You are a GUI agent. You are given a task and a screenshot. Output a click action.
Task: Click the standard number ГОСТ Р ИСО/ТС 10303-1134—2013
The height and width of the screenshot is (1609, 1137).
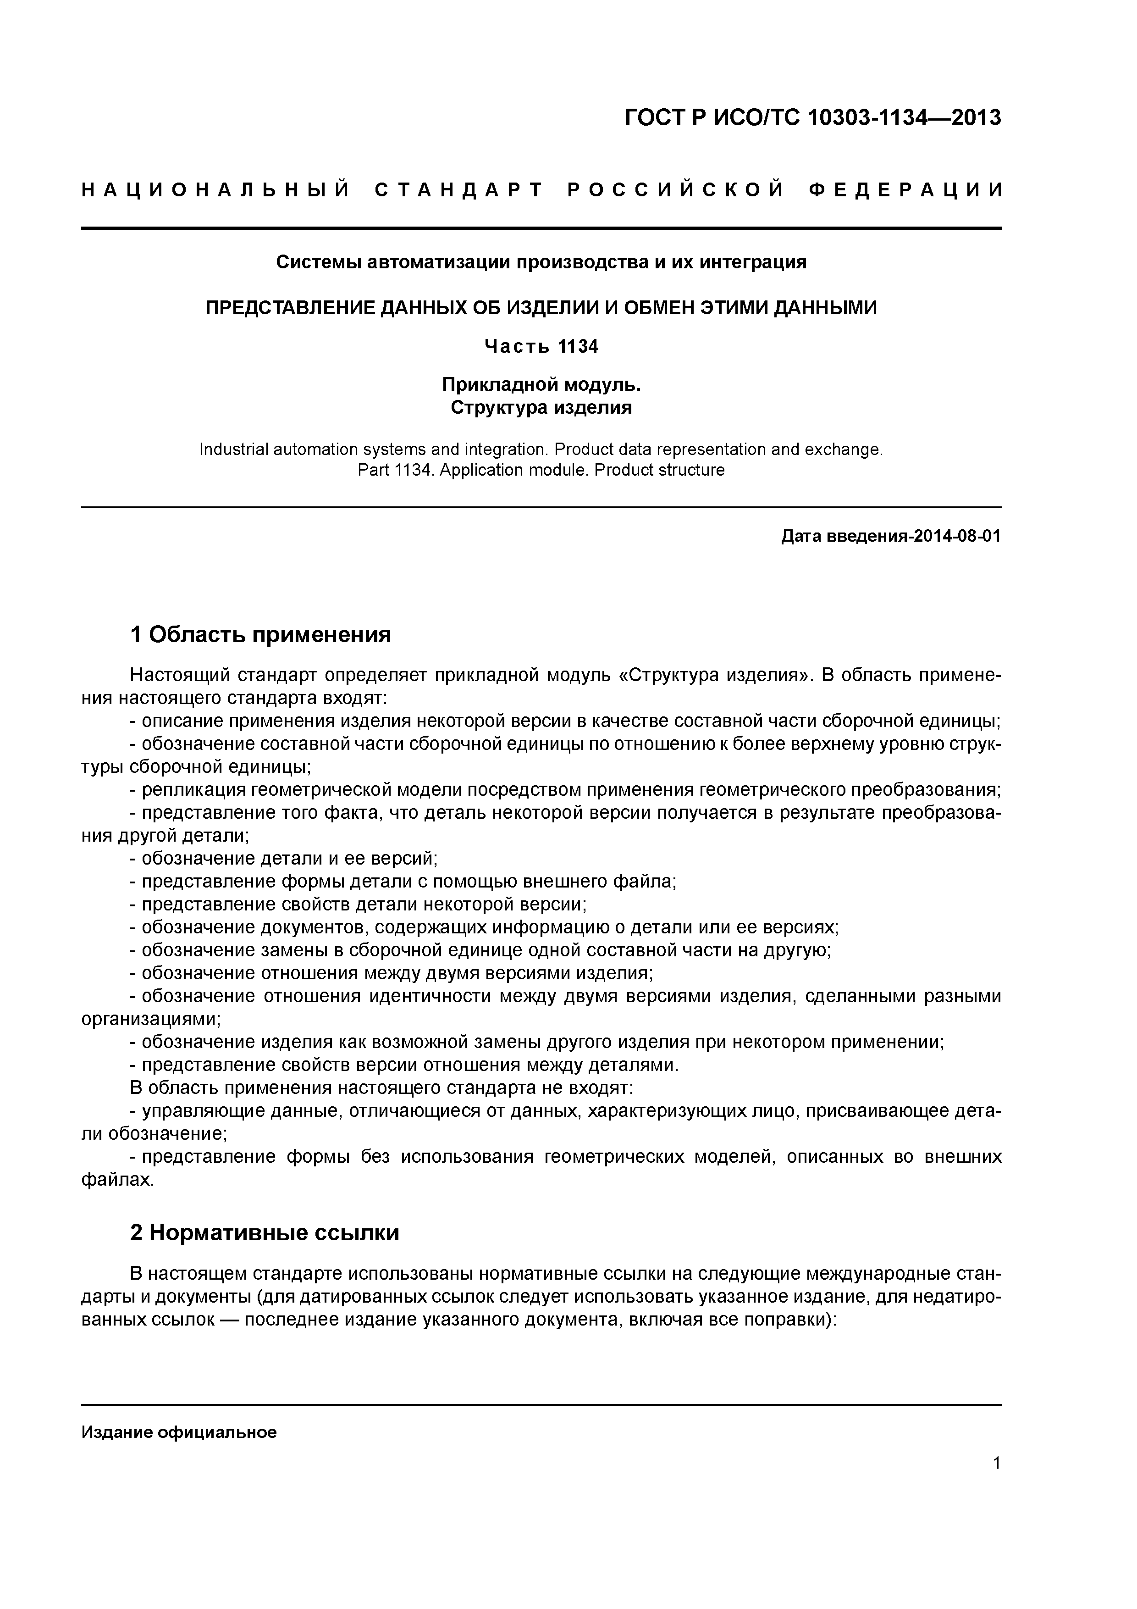click(813, 118)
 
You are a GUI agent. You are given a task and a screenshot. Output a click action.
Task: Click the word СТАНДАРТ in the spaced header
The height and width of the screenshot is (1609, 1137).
click(459, 190)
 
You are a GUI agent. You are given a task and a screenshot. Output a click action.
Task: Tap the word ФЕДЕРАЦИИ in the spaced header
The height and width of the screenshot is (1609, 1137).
click(905, 190)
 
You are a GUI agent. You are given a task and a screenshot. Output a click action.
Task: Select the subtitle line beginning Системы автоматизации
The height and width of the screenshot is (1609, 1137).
click(541, 262)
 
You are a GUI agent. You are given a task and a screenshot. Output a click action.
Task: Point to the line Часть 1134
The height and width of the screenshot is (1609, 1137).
click(541, 346)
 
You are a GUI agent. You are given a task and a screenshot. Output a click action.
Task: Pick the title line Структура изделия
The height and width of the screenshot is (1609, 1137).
click(541, 407)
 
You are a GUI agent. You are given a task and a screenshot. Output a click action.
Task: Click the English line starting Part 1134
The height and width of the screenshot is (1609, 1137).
click(541, 470)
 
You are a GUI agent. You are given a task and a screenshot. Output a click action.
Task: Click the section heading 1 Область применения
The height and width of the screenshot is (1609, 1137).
click(260, 634)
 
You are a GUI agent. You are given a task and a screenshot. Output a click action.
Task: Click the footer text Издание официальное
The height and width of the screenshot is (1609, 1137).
click(179, 1431)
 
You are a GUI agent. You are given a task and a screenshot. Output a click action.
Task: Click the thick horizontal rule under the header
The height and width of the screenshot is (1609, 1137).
click(541, 228)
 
